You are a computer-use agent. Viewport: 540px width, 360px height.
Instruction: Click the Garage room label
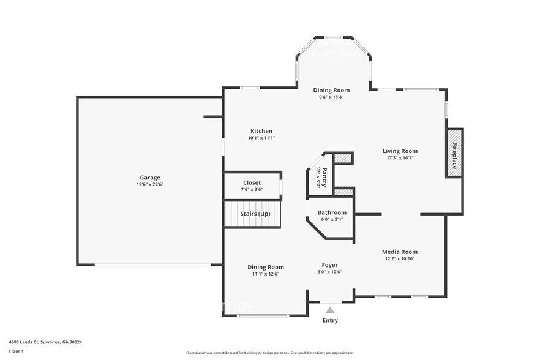pyautogui.click(x=149, y=178)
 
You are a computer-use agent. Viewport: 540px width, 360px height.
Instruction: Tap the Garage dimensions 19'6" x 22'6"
pyautogui.click(x=149, y=184)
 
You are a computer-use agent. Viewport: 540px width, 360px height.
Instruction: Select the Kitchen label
pyautogui.click(x=261, y=131)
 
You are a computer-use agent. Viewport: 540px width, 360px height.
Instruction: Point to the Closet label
pyautogui.click(x=252, y=182)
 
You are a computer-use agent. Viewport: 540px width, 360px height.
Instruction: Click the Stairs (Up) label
pyautogui.click(x=255, y=214)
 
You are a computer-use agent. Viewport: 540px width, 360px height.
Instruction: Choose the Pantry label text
pyautogui.click(x=324, y=176)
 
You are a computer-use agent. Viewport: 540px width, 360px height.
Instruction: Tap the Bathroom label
pyautogui.click(x=332, y=212)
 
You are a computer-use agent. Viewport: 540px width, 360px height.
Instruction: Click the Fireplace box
pyautogui.click(x=454, y=153)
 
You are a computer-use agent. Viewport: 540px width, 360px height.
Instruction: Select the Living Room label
pyautogui.click(x=400, y=151)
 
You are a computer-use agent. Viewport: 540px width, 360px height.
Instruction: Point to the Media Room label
pyautogui.click(x=399, y=252)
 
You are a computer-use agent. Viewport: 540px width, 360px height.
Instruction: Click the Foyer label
pyautogui.click(x=329, y=265)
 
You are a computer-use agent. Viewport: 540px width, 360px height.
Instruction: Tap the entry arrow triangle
pyautogui.click(x=330, y=310)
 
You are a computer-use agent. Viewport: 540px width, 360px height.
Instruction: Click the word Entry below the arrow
pyautogui.click(x=330, y=320)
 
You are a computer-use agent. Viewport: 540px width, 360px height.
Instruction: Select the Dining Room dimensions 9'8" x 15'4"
pyautogui.click(x=331, y=97)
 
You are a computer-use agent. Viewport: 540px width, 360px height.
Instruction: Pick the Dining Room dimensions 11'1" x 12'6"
pyautogui.click(x=266, y=274)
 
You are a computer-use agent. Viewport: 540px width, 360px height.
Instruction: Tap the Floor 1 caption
pyautogui.click(x=17, y=351)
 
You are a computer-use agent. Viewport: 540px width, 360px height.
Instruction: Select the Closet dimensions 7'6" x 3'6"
pyautogui.click(x=252, y=189)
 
